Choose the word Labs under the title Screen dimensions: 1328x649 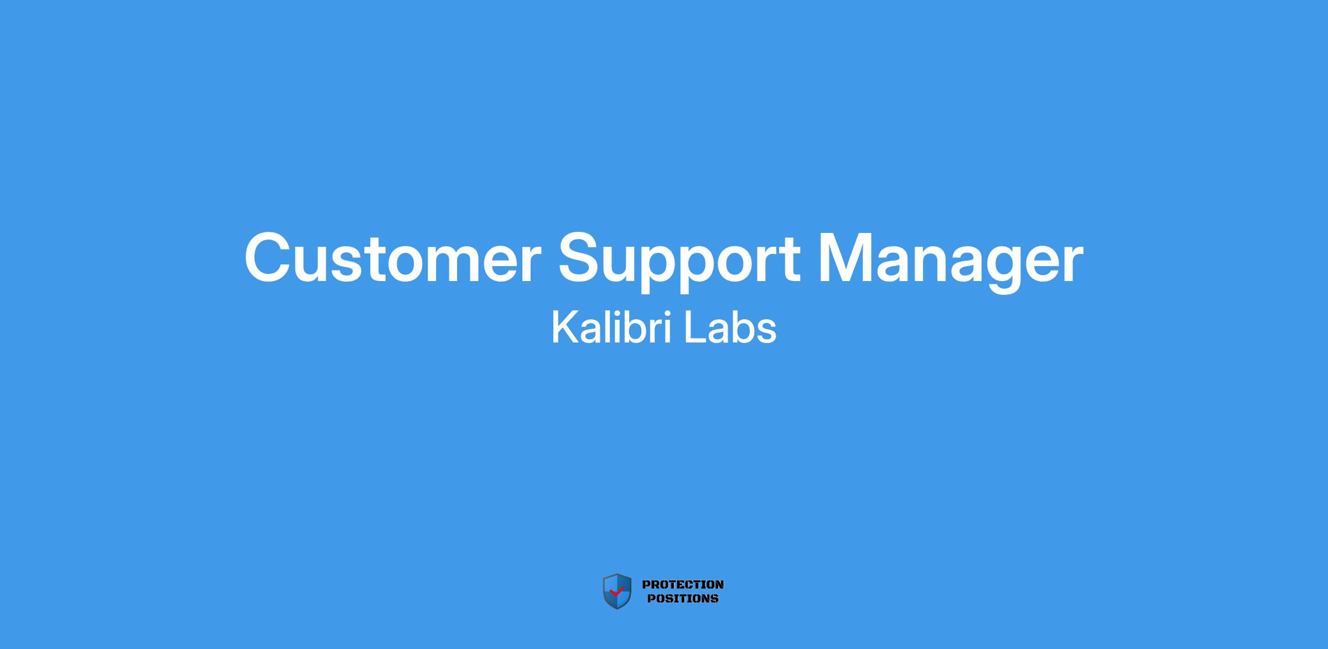click(x=730, y=328)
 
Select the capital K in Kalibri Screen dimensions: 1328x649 click(x=564, y=328)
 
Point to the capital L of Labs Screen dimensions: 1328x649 click(x=695, y=328)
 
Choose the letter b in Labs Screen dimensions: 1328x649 click(x=744, y=328)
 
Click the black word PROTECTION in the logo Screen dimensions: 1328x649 click(x=683, y=584)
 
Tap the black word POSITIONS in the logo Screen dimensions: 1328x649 click(x=683, y=598)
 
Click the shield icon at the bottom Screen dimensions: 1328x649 click(x=617, y=591)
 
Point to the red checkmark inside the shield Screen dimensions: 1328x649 click(x=616, y=591)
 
